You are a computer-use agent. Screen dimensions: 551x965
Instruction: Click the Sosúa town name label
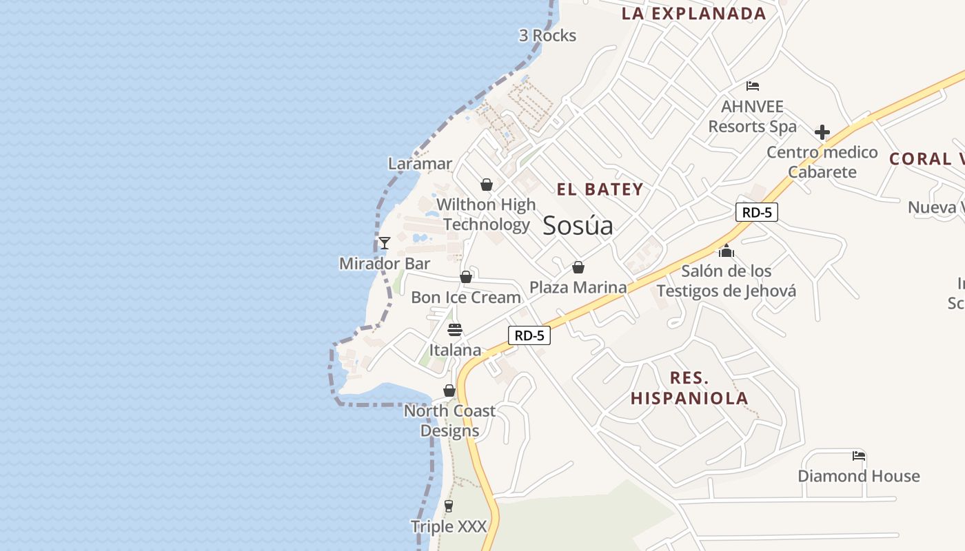(x=578, y=225)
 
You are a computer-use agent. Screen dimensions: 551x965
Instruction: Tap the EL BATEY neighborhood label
(x=600, y=189)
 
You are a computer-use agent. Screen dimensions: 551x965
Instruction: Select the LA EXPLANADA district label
(x=693, y=14)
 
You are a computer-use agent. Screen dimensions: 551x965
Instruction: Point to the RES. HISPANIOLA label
(x=689, y=388)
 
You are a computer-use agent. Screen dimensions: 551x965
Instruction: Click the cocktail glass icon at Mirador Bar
(x=385, y=243)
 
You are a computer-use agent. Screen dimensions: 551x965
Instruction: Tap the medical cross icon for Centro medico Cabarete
(x=822, y=132)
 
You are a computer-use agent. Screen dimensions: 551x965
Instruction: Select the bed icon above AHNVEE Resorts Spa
(x=753, y=86)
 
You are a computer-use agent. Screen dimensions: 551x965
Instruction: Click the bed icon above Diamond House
(x=859, y=455)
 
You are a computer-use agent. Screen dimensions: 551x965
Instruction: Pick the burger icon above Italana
(x=454, y=329)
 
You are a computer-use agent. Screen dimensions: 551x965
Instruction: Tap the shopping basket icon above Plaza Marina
(x=578, y=267)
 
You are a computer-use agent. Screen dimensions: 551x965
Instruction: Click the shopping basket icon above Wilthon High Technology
(x=487, y=185)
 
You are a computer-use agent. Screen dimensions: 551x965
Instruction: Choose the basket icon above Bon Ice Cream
(x=466, y=277)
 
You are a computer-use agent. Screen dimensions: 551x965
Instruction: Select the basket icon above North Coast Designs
(x=449, y=391)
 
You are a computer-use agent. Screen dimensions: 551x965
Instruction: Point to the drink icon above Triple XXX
(x=449, y=506)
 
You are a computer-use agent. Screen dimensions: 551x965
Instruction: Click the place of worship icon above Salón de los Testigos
(x=727, y=251)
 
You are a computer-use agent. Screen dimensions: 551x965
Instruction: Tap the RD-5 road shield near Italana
(x=529, y=335)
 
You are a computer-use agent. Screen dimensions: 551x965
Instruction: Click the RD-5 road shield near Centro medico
(x=757, y=212)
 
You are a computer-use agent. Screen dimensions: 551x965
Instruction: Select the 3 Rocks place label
(x=547, y=36)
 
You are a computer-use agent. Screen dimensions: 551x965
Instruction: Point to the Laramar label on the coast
(x=420, y=164)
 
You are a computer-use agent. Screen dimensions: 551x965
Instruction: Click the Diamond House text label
(x=858, y=476)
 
